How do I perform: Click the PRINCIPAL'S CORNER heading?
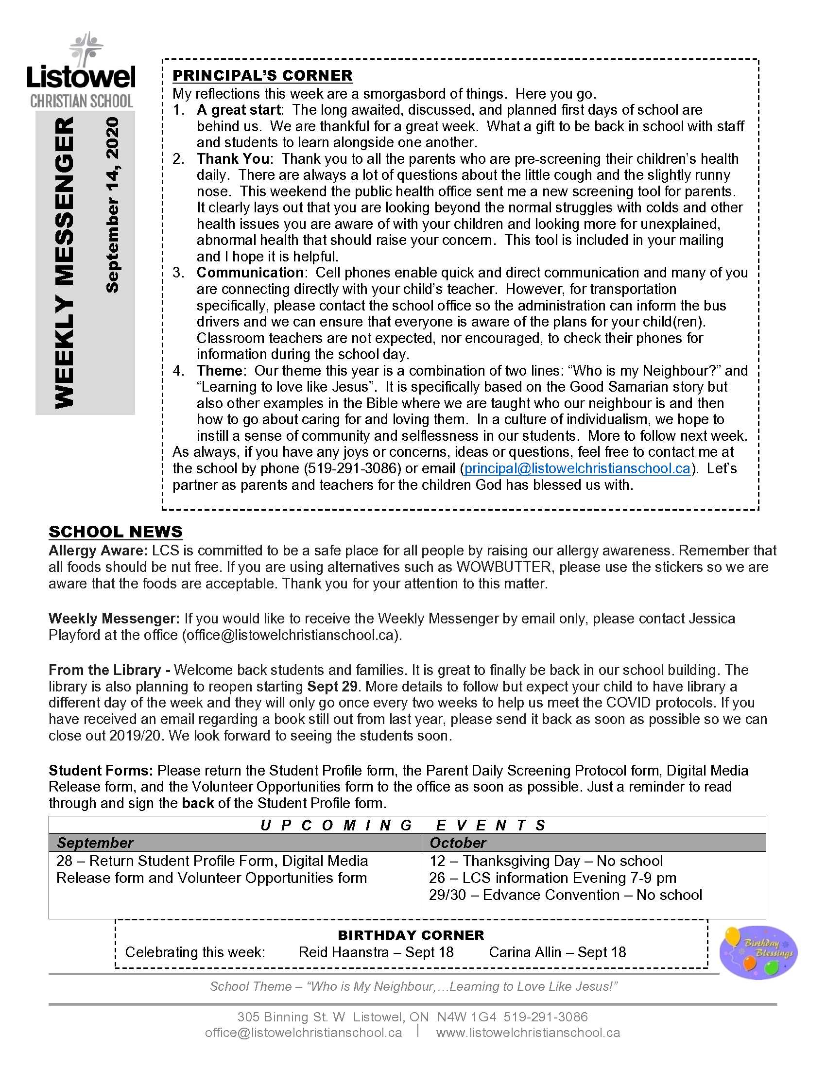(x=262, y=75)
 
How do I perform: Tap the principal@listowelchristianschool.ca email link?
(x=577, y=468)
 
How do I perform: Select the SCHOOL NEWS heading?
(x=116, y=532)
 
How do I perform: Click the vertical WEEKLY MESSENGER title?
(x=64, y=262)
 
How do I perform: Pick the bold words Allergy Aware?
(x=97, y=551)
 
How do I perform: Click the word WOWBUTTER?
(x=503, y=567)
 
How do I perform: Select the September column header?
(x=95, y=843)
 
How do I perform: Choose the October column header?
(x=458, y=843)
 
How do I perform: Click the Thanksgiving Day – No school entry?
(x=546, y=861)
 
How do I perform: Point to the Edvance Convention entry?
(x=565, y=895)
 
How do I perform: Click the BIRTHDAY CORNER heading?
(x=411, y=935)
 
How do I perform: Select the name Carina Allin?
(x=525, y=952)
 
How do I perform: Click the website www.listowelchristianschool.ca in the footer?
(x=528, y=1032)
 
